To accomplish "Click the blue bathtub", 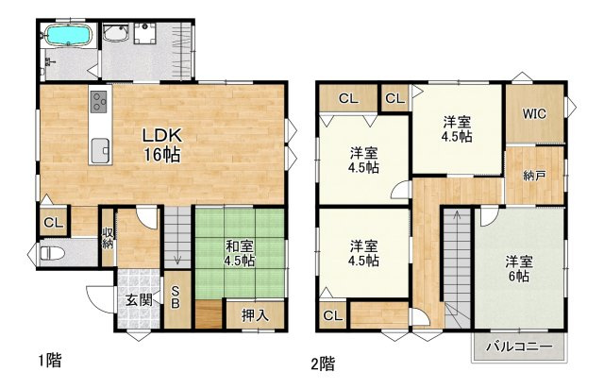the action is point(69,36).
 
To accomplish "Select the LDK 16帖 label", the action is point(161,145).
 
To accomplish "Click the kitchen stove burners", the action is point(99,101).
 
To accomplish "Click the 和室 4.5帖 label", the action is point(239,253).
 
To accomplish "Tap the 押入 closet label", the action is point(255,315).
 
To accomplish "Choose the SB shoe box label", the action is point(176,297).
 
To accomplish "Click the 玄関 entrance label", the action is point(139,300).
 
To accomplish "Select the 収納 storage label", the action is point(108,238).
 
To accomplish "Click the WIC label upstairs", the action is point(534,113).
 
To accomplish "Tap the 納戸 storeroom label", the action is point(534,176).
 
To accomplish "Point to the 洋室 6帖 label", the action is point(519,269).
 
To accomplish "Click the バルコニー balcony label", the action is point(519,347).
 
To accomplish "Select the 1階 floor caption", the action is point(50,360).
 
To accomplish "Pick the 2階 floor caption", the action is point(323,364).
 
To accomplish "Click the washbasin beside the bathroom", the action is point(116,33).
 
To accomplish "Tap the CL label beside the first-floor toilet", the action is point(54,223).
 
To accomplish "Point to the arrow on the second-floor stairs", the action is point(457,253).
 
